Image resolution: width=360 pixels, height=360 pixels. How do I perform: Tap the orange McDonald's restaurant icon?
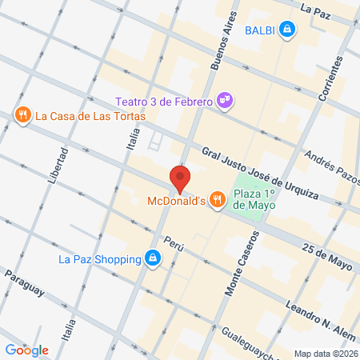point(216,199)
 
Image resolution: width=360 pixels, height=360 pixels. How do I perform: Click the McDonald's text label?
point(176,200)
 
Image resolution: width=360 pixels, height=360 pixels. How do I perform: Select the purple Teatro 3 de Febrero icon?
point(227,100)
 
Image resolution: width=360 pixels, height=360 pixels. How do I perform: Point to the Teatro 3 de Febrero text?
point(163,102)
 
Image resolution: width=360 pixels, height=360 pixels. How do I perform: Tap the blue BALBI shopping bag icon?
point(288,30)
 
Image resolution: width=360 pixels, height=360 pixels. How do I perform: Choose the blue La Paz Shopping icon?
point(152,258)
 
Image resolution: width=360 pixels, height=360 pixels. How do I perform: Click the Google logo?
point(27,350)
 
